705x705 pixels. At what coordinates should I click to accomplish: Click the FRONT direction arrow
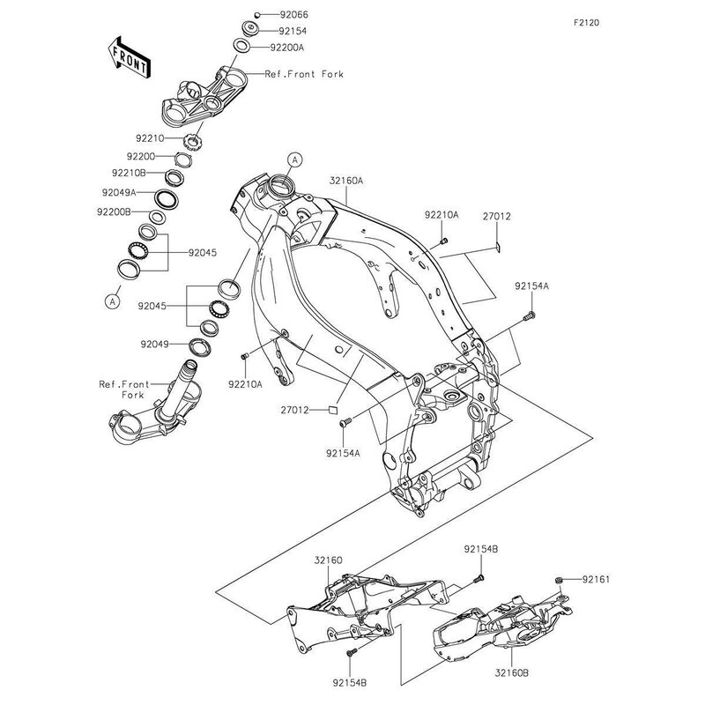pos(129,57)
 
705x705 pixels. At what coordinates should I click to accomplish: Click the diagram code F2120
pos(587,23)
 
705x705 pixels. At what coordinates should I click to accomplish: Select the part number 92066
pos(294,14)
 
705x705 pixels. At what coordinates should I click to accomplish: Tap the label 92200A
pos(287,48)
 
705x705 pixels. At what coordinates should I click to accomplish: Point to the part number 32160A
pos(345,181)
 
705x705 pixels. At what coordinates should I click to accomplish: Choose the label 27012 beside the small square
pos(295,410)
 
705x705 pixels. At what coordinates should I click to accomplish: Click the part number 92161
pos(597,579)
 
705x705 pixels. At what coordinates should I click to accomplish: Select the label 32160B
pos(512,673)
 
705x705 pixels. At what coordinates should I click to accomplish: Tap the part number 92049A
pos(119,192)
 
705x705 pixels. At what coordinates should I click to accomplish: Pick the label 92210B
pos(129,173)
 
